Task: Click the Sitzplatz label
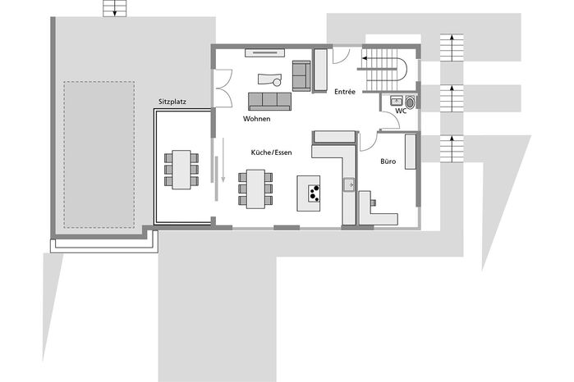coord(172,102)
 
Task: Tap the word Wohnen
coord(256,119)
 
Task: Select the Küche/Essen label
coord(271,152)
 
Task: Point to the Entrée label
coord(345,92)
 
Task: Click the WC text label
coord(401,111)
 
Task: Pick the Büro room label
coord(388,161)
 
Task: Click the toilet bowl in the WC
coord(410,102)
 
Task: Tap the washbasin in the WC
coord(397,101)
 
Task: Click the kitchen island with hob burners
coord(308,193)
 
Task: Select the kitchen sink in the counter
coord(349,185)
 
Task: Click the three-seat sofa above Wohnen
coord(270,102)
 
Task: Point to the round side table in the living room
coord(277,82)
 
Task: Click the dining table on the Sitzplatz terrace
coord(181,170)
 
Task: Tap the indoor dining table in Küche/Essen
coord(255,189)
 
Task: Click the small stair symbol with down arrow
coord(115,8)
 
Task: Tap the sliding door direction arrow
coord(223,160)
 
